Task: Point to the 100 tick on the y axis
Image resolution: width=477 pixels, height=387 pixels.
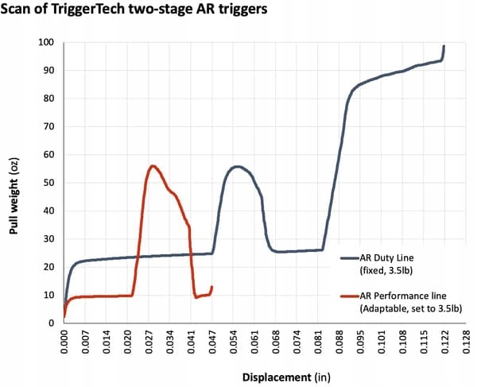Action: pyautogui.click(x=48, y=42)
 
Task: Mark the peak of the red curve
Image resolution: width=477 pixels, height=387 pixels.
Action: pyautogui.click(x=152, y=165)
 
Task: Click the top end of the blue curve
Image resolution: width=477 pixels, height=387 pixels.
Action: pyautogui.click(x=444, y=46)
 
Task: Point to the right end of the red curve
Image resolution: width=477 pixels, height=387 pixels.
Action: pyautogui.click(x=212, y=287)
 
